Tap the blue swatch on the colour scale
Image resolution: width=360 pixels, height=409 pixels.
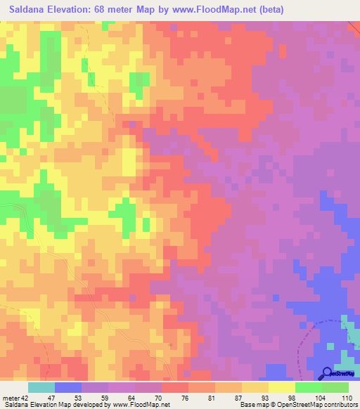(x=68, y=387)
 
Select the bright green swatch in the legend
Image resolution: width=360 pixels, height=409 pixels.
(x=309, y=387)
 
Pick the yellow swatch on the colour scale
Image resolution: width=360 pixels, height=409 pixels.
(x=282, y=387)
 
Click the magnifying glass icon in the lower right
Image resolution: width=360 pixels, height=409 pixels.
(x=327, y=374)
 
